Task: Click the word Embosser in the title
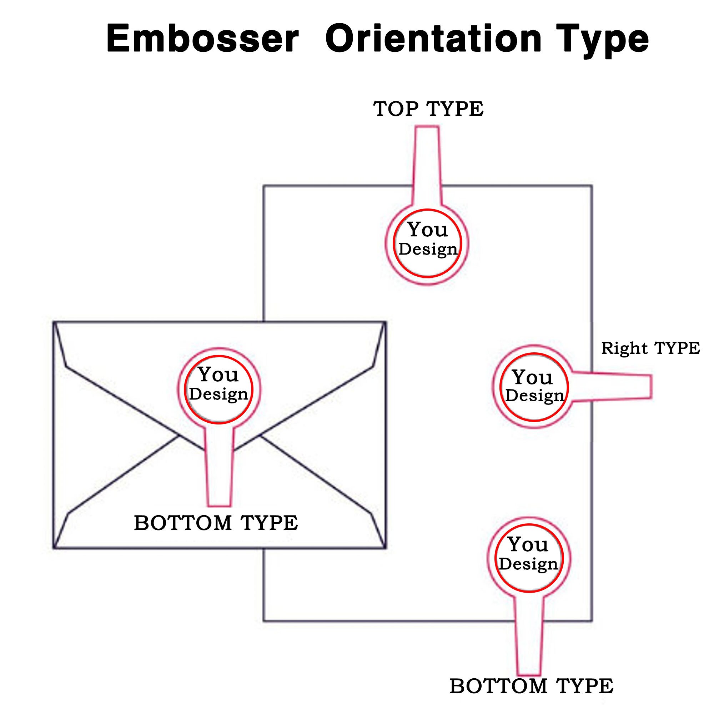202,39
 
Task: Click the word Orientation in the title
433,39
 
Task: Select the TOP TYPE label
428,109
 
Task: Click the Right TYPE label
650,348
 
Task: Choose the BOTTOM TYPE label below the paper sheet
532,686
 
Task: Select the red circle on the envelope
185,389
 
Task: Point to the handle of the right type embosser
612,387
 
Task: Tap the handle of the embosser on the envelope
219,466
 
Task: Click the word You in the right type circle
533,377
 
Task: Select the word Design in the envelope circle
218,394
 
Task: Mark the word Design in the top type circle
428,250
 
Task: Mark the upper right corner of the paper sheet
592,186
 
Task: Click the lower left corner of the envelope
54,548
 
